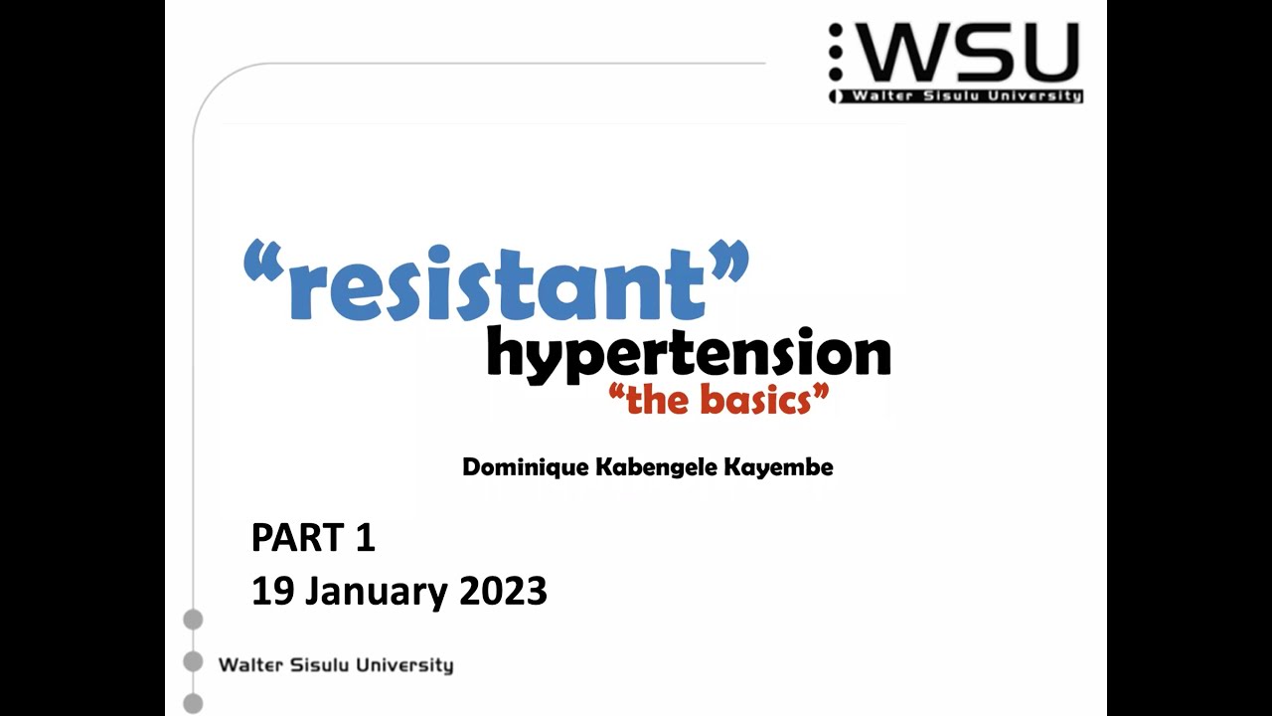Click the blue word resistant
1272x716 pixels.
click(497, 283)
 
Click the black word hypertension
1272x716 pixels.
click(688, 356)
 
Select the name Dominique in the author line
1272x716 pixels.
click(516, 467)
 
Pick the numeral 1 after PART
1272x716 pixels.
click(364, 538)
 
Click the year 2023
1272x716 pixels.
click(503, 592)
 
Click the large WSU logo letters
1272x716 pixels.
click(964, 54)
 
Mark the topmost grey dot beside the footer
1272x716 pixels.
click(193, 620)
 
